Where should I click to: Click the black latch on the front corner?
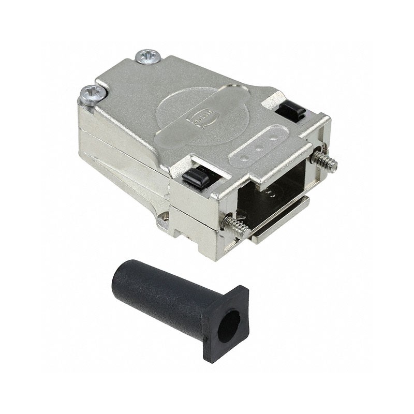point(195,179)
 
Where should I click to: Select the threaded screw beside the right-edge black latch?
point(324,161)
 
